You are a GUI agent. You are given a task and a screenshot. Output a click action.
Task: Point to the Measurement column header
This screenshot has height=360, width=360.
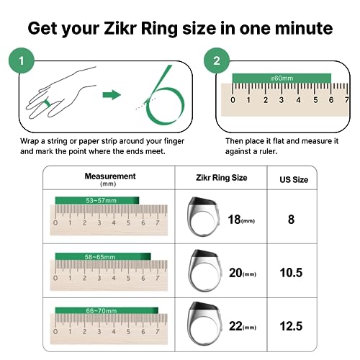point(109,179)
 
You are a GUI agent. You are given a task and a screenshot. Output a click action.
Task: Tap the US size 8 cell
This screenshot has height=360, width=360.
point(291,219)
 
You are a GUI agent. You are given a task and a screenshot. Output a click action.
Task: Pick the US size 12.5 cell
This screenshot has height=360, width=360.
point(291,326)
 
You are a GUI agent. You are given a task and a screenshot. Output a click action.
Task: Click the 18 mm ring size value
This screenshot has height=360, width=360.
point(240,219)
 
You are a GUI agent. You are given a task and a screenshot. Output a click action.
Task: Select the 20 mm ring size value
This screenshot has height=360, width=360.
point(240,273)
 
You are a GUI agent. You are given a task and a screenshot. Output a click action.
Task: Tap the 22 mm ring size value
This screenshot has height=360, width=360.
point(240,327)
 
